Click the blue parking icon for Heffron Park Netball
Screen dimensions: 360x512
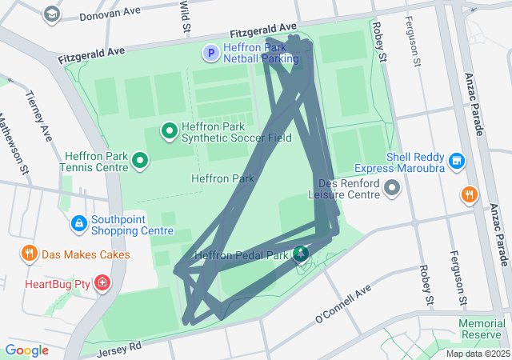210,53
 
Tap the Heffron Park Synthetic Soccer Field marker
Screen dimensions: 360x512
170,130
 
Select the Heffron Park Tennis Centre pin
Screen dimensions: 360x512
141,162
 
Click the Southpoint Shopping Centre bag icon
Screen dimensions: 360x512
79,222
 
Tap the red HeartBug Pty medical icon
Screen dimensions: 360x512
102,283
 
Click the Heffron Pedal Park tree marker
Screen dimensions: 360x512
301,254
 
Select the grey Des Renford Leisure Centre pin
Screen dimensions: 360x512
392,188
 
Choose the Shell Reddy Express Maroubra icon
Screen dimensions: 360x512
457,161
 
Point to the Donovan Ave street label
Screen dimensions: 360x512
111,13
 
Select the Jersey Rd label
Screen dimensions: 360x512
118,349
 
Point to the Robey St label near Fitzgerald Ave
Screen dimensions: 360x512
380,44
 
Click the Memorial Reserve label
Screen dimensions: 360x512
482,328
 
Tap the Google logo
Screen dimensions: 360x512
26,350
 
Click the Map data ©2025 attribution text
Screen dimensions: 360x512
478,354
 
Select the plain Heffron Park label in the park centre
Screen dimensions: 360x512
222,178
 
